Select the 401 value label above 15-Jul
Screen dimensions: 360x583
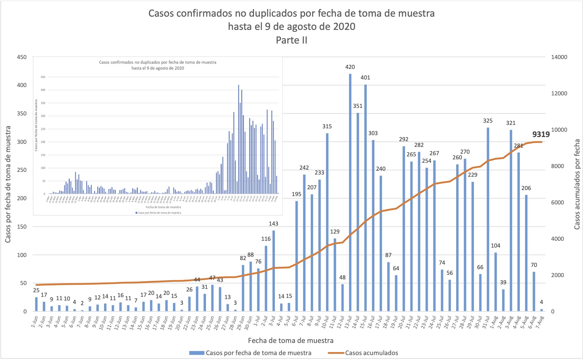[365, 78]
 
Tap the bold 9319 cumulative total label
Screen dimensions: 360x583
[541, 134]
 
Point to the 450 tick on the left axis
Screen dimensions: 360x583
[22, 57]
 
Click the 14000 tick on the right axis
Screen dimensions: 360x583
[559, 57]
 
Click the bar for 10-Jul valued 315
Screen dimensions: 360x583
[327, 222]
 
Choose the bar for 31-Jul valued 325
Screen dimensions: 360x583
[488, 220]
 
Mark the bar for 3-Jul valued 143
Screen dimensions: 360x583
[274, 271]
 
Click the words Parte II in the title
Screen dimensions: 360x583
[291, 40]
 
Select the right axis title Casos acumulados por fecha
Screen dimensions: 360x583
[577, 184]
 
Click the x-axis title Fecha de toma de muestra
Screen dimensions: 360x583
[291, 340]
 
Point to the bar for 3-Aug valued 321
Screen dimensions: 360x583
[511, 221]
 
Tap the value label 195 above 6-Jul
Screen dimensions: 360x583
[296, 194]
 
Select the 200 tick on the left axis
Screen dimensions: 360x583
[22, 198]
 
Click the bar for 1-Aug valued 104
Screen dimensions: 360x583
[496, 282]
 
